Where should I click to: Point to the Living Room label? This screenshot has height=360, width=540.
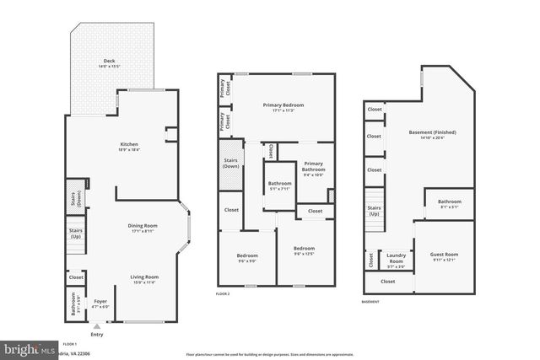143,279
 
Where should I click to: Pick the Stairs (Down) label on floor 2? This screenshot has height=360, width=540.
230,162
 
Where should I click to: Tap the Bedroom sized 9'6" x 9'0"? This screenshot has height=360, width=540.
247,257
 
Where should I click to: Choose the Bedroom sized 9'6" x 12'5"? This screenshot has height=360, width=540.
304,250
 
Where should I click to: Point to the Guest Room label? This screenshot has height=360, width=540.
444,256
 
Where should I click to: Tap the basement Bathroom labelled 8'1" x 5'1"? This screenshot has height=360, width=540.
449,203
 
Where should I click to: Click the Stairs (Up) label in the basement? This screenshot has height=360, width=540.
374,210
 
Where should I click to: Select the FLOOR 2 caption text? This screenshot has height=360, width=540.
223,293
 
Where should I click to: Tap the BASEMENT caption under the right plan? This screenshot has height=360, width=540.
370,301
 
